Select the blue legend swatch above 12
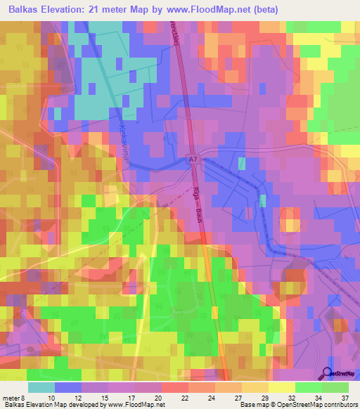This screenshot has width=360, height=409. (x=68, y=387)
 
